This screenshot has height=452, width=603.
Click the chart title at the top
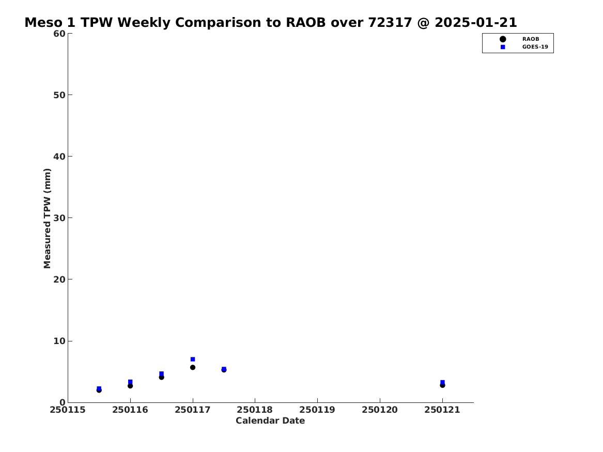pyautogui.click(x=271, y=22)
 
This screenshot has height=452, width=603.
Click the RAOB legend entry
pyautogui.click(x=519, y=39)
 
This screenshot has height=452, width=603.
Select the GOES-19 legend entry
pyautogui.click(x=524, y=47)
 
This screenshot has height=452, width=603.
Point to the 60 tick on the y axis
pyautogui.click(x=59, y=34)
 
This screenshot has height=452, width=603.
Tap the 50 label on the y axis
pyautogui.click(x=59, y=95)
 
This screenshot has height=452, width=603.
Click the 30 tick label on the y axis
pyautogui.click(x=59, y=218)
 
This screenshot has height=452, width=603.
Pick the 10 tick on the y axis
pyautogui.click(x=59, y=341)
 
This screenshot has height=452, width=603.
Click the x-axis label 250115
pyautogui.click(x=68, y=410)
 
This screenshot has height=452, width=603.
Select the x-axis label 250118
pyautogui.click(x=255, y=410)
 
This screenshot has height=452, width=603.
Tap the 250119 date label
pyautogui.click(x=317, y=410)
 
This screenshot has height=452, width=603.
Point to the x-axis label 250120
pyautogui.click(x=380, y=410)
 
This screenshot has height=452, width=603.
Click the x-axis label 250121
pyautogui.click(x=442, y=410)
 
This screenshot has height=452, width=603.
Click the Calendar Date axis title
pyautogui.click(x=270, y=420)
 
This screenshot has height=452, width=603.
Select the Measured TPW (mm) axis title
pyautogui.click(x=47, y=219)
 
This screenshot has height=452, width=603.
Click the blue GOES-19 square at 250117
pyautogui.click(x=193, y=359)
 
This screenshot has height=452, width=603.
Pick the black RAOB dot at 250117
pyautogui.click(x=193, y=367)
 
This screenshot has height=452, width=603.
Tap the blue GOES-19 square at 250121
pyautogui.click(x=442, y=382)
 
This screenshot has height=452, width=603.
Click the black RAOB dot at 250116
pyautogui.click(x=130, y=386)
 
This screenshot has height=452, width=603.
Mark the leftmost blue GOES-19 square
pyautogui.click(x=99, y=388)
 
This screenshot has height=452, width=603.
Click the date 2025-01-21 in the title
pyautogui.click(x=476, y=22)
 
